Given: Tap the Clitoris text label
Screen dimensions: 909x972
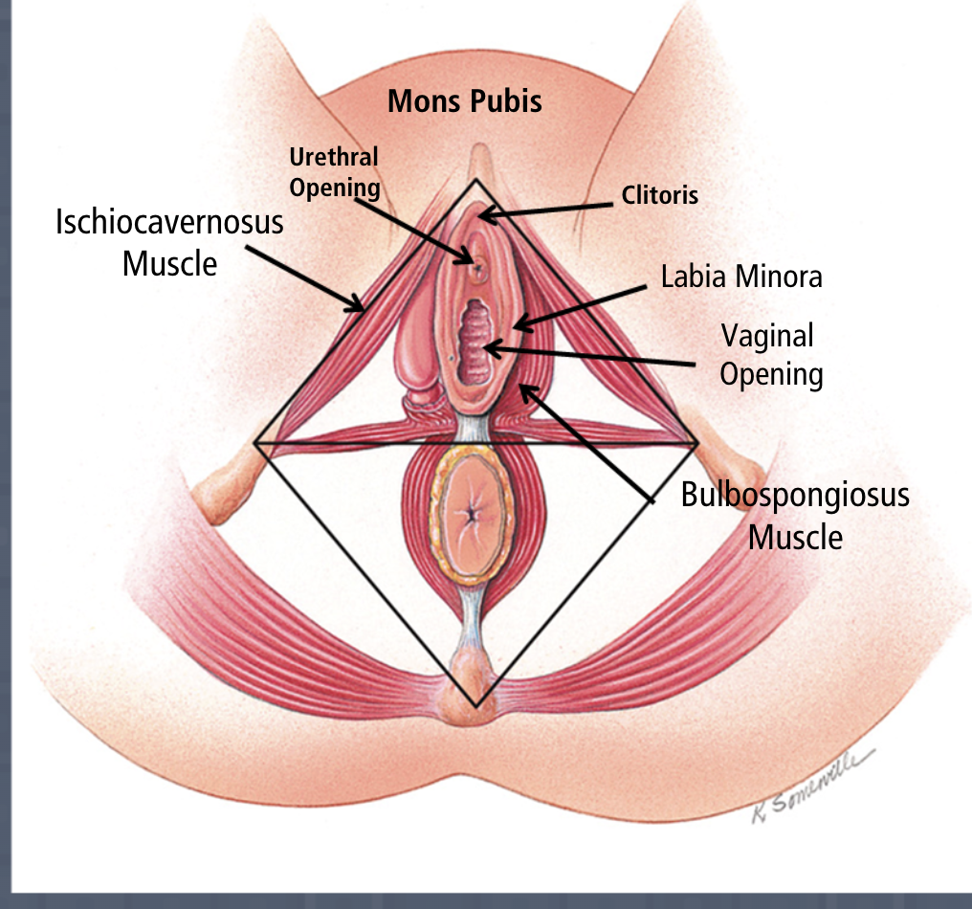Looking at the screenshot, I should (x=659, y=196).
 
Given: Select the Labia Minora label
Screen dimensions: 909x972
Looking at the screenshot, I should (x=741, y=277).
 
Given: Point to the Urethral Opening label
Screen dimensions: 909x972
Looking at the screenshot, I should (x=335, y=172).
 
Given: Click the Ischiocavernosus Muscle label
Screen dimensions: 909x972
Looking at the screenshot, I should (x=169, y=241).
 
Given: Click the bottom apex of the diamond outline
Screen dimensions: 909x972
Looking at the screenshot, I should (x=475, y=706).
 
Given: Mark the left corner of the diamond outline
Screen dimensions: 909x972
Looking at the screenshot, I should (x=254, y=443).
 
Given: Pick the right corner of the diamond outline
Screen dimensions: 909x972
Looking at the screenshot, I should (x=696, y=443).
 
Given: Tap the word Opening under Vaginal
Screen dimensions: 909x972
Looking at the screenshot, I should (x=771, y=373).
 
